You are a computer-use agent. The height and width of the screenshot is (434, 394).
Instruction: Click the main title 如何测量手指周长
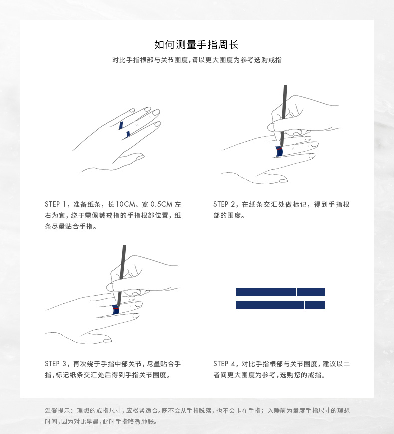[197, 44]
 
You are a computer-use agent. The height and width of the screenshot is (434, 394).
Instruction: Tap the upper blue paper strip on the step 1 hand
[121, 125]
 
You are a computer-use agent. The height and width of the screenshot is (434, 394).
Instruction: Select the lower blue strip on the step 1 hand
[128, 134]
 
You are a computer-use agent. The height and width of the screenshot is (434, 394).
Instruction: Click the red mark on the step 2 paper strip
[279, 149]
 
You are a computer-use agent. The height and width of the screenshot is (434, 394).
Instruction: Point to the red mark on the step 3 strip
[116, 308]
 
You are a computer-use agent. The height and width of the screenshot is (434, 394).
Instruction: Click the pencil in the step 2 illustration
[284, 116]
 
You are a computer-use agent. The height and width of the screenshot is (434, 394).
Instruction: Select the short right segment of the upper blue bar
[311, 292]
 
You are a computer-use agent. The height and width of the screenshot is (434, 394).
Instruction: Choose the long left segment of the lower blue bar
[270, 305]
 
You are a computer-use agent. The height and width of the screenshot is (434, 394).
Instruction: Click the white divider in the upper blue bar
[296, 292]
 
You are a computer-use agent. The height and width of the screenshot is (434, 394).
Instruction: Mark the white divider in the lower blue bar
[304, 305]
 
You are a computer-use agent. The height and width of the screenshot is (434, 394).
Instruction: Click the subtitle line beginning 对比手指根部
[197, 60]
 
